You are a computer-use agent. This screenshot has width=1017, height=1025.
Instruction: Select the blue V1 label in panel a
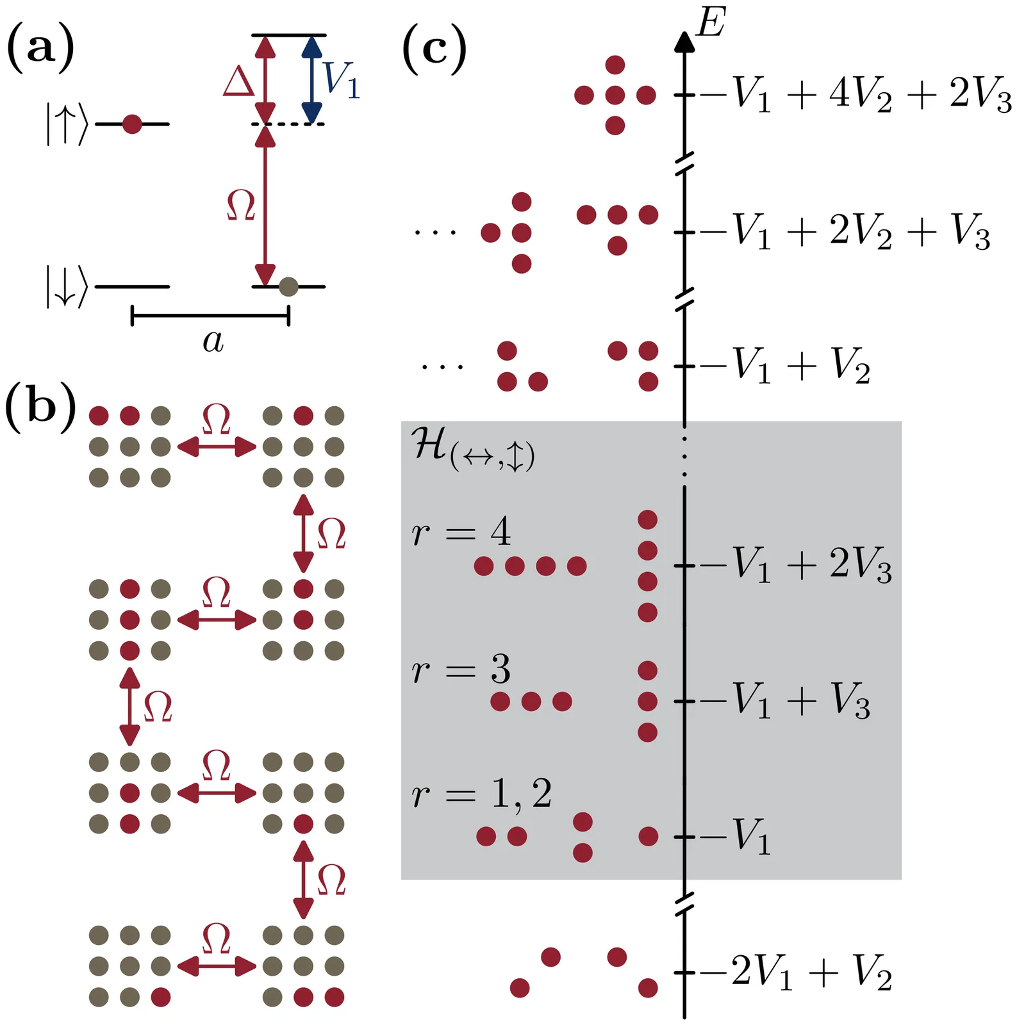click(342, 80)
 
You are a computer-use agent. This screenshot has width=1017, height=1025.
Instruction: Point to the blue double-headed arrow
click(311, 79)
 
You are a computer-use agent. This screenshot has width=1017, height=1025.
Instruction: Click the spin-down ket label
click(66, 287)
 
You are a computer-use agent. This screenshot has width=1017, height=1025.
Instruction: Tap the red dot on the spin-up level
click(132, 124)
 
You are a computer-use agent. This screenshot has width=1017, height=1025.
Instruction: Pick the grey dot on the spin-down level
click(288, 286)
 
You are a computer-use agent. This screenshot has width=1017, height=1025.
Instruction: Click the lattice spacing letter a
click(213, 341)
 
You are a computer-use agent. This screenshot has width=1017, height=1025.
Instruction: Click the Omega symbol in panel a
click(242, 206)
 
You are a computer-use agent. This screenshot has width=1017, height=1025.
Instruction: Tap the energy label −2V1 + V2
click(795, 972)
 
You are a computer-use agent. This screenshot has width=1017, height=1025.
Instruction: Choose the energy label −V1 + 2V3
click(795, 565)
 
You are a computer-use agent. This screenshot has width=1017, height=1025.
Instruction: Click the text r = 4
click(461, 532)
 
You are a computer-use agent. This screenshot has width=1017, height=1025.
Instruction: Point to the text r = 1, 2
click(481, 794)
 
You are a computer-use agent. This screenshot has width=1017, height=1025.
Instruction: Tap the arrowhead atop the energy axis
click(685, 42)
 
